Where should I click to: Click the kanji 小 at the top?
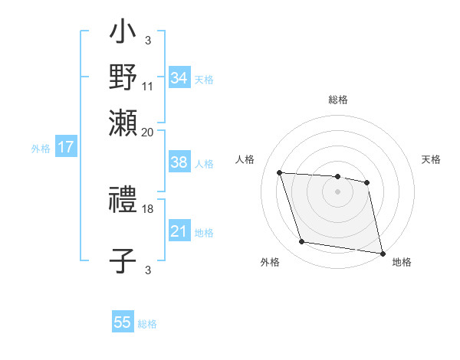click(123, 34)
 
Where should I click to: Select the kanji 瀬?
click(123, 121)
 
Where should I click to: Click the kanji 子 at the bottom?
click(123, 260)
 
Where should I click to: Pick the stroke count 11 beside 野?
click(148, 87)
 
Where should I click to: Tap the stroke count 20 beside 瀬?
click(148, 133)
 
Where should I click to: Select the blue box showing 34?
click(179, 77)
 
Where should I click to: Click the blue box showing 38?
click(179, 162)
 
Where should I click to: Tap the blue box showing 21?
click(179, 231)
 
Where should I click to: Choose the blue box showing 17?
click(66, 148)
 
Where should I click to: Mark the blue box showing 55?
click(123, 322)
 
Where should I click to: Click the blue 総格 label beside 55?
click(147, 324)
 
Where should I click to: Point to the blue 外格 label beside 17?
click(41, 149)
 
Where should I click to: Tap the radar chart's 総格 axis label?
click(337, 100)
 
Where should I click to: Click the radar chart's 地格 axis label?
click(402, 263)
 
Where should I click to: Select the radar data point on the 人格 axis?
click(280, 173)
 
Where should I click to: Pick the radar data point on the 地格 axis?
click(382, 253)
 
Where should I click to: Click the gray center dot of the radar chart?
click(337, 191)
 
